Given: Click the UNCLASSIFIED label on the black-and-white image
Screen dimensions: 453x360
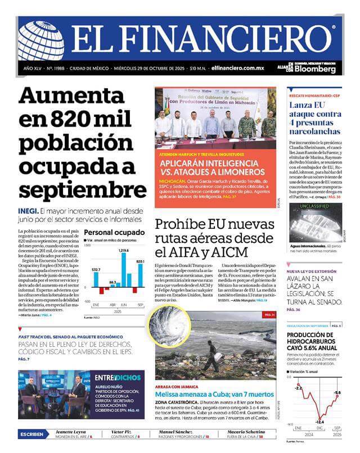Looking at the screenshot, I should tap(318, 206).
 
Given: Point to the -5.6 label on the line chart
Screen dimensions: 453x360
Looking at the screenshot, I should tap(337, 392).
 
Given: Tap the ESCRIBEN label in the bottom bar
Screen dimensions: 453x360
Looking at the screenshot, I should tap(32, 434).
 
